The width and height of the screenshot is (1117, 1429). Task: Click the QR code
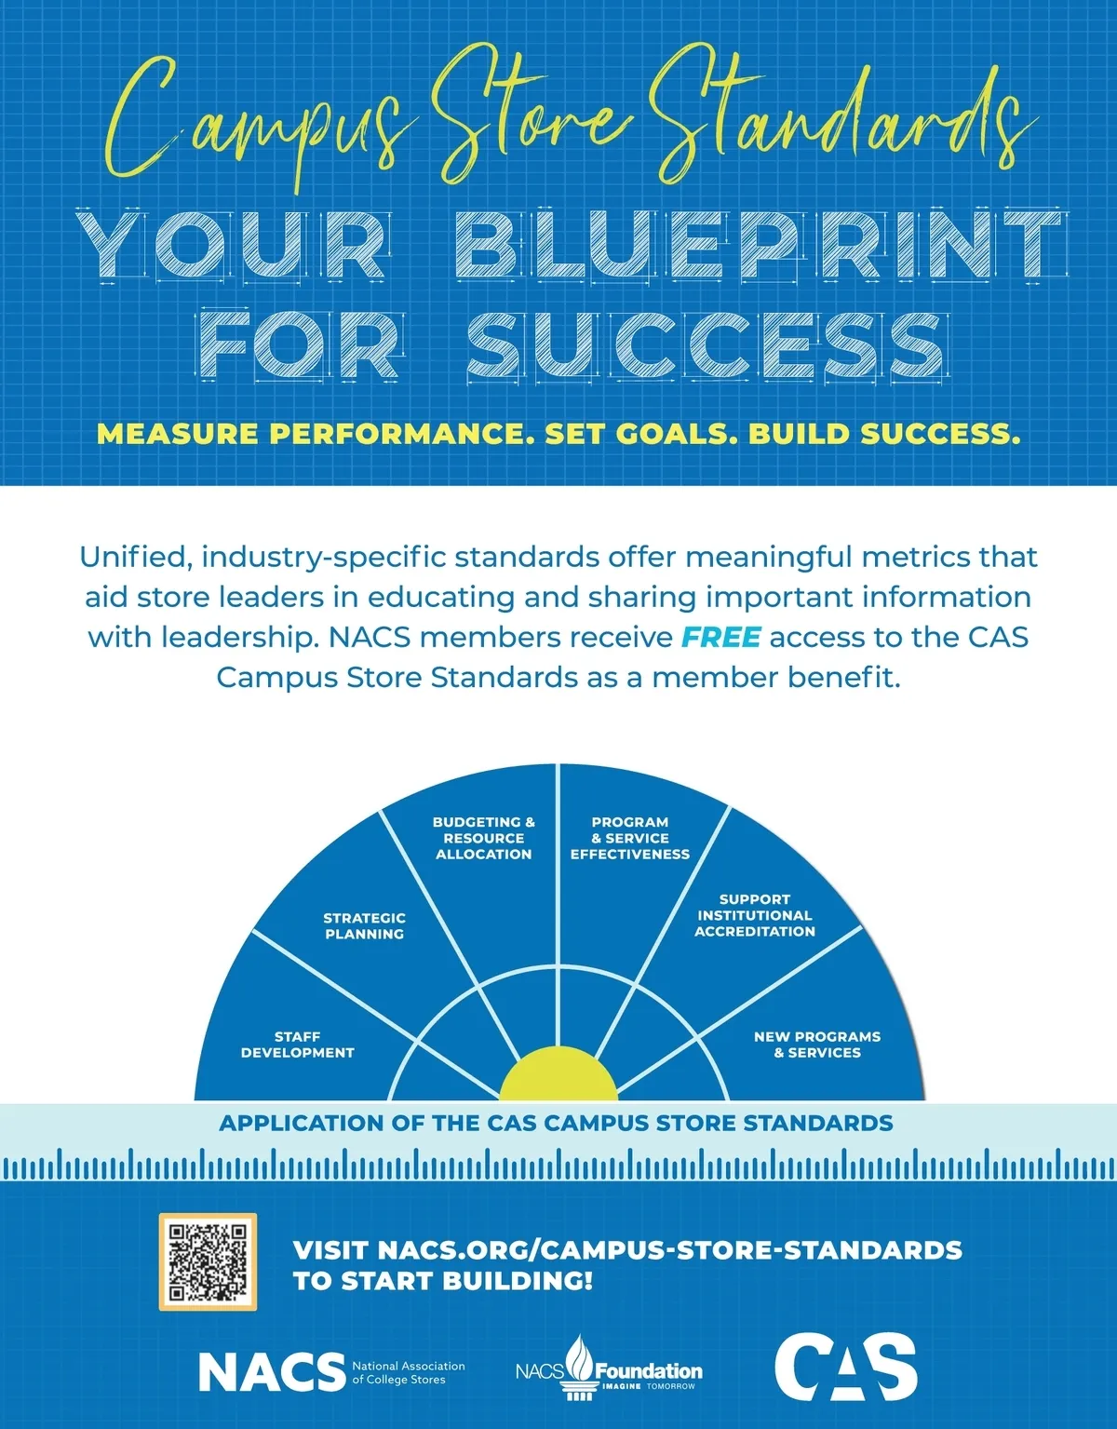[208, 1262]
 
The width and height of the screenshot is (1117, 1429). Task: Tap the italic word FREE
[721, 637]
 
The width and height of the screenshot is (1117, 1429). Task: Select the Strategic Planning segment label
[364, 926]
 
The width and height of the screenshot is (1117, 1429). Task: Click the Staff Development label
[297, 1045]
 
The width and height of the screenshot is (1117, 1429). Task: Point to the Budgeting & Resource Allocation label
[484, 838]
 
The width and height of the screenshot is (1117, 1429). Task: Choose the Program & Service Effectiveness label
[630, 838]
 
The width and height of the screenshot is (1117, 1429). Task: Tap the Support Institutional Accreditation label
[755, 915]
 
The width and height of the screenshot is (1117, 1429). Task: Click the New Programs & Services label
[817, 1045]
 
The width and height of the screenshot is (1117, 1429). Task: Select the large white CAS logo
[845, 1367]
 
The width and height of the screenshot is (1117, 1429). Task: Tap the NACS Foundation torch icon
[580, 1367]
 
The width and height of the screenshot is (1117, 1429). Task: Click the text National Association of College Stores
[409, 1372]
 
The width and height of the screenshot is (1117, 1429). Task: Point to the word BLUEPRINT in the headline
[759, 245]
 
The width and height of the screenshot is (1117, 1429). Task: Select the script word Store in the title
[532, 115]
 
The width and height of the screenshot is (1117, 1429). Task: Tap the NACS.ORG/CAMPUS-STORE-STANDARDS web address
[670, 1250]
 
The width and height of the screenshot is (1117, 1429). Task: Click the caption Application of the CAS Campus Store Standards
[557, 1124]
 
